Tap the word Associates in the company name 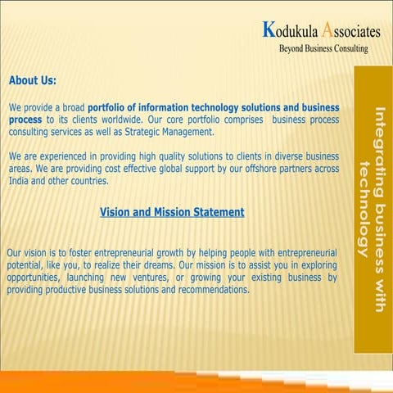click(351, 31)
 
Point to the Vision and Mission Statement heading click(172, 212)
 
